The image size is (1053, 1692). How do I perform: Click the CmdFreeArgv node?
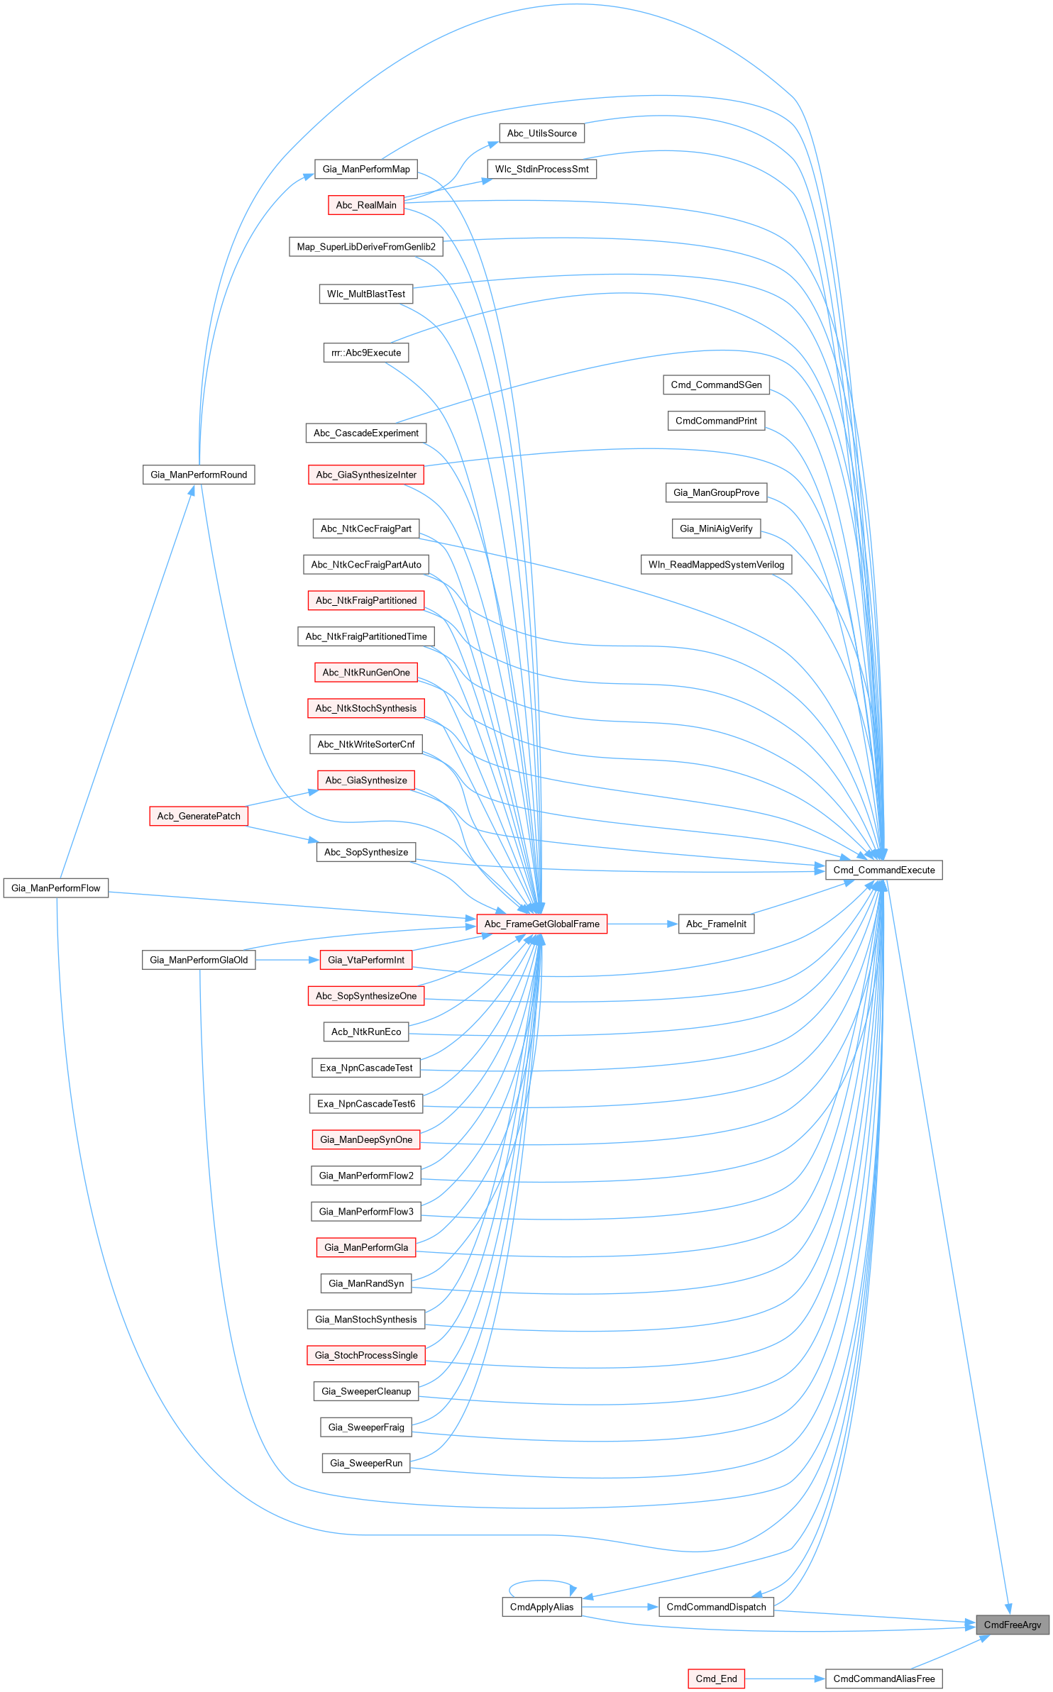pyautogui.click(x=1013, y=1625)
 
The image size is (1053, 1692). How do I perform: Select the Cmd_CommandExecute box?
pyautogui.click(x=883, y=870)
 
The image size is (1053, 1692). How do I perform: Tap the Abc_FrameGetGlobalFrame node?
pyautogui.click(x=541, y=924)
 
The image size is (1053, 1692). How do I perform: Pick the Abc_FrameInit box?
pyautogui.click(x=716, y=924)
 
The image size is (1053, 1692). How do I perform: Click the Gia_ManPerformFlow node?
pyautogui.click(x=56, y=888)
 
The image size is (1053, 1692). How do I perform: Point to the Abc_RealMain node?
pyautogui.click(x=366, y=205)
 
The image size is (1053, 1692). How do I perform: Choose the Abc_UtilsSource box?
pyautogui.click(x=541, y=133)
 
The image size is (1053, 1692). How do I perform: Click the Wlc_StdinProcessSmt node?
pyautogui.click(x=541, y=169)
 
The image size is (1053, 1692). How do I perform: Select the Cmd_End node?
pyautogui.click(x=716, y=1679)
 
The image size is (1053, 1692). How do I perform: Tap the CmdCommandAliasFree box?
pyautogui.click(x=883, y=1679)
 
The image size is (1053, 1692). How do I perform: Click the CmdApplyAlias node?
pyautogui.click(x=541, y=1607)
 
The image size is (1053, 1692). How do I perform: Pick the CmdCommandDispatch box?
pyautogui.click(x=716, y=1607)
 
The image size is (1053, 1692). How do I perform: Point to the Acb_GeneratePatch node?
pyautogui.click(x=199, y=816)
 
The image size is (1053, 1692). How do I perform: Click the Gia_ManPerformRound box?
pyautogui.click(x=199, y=475)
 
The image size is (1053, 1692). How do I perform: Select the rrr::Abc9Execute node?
pyautogui.click(x=366, y=353)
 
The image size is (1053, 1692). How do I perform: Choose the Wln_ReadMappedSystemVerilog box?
pyautogui.click(x=716, y=565)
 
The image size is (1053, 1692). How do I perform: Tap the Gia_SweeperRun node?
pyautogui.click(x=366, y=1463)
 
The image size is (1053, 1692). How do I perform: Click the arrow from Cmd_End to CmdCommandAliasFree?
pyautogui.click(x=785, y=1679)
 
